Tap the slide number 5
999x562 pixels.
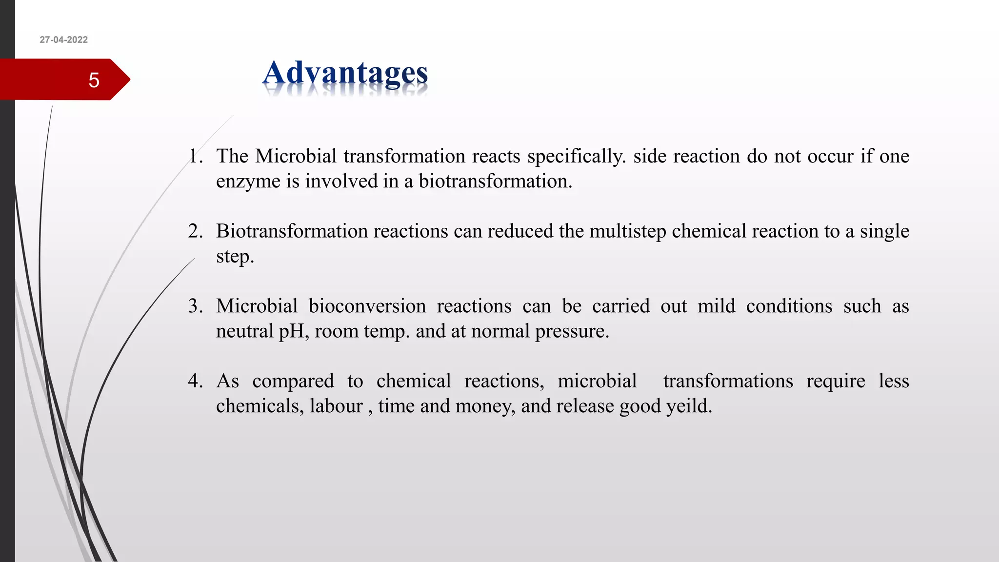tap(94, 80)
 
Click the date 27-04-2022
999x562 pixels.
tap(64, 40)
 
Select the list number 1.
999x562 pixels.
tap(195, 156)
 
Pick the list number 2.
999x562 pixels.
tap(195, 231)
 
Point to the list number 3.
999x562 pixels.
tap(195, 306)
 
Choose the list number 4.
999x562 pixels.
tap(195, 381)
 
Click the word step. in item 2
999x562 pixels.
tap(235, 257)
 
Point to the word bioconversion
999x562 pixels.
tap(367, 306)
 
